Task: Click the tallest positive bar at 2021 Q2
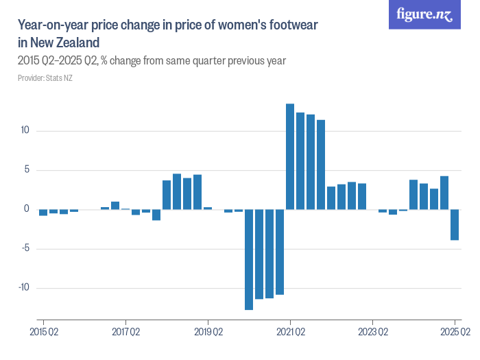coord(290,156)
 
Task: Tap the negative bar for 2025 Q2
coord(455,224)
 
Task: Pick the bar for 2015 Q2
coord(43,213)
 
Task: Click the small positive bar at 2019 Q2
coord(208,208)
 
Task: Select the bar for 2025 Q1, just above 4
coord(444,193)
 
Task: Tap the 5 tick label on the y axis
coord(27,170)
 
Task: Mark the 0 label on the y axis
coord(27,209)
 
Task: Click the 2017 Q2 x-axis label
coord(126,332)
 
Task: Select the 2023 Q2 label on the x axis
coord(373,332)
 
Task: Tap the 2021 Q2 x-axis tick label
coord(291,332)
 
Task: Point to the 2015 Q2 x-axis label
coord(44,332)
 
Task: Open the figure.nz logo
coord(425,14)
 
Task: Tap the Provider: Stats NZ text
coord(45,78)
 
